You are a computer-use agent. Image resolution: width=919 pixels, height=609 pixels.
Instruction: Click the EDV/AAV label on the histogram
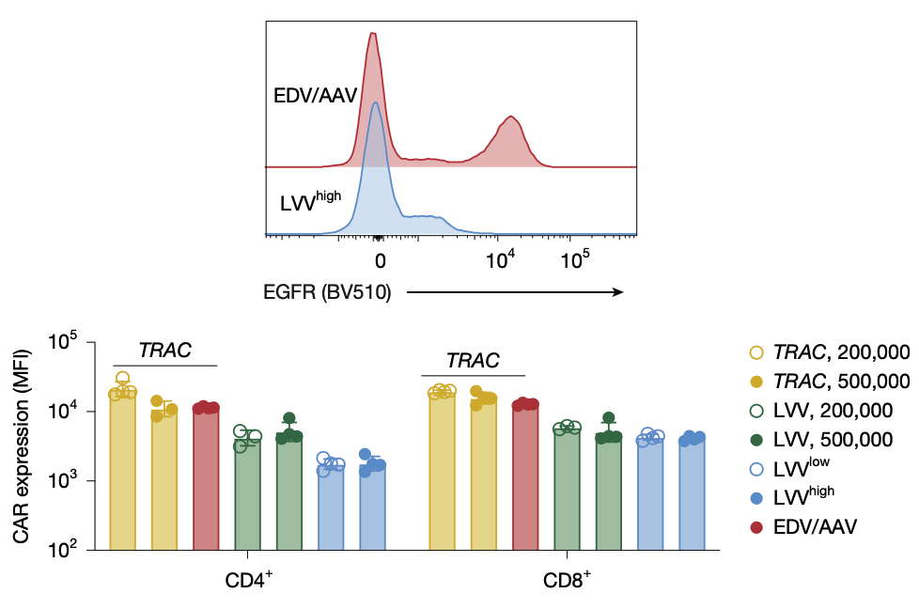314,96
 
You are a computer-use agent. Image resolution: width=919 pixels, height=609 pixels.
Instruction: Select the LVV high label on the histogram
310,200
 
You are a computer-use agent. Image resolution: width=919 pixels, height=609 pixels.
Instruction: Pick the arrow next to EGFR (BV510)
515,292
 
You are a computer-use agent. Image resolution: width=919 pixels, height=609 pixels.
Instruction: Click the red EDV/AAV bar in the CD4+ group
206,478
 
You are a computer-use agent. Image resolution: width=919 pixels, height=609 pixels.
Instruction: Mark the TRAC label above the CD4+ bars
164,351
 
